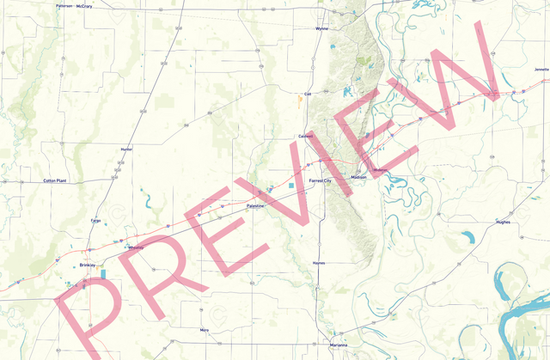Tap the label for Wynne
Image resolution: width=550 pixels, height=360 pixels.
tap(321, 28)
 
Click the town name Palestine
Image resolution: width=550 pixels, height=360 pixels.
tap(256, 207)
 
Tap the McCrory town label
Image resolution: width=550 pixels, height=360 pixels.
tap(84, 6)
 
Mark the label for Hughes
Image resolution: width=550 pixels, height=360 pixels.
tap(503, 222)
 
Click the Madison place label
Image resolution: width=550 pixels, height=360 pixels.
tap(358, 177)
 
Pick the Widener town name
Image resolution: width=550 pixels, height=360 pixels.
tap(382, 170)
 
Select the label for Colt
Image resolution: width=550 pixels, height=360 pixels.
tap(307, 95)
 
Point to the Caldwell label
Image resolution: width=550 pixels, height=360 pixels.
tap(305, 136)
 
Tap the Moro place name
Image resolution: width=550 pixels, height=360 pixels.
tap(204, 330)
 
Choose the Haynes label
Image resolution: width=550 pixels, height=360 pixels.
tap(319, 263)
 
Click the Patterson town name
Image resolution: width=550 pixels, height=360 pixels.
tap(64, 5)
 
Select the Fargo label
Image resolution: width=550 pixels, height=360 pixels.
tap(96, 221)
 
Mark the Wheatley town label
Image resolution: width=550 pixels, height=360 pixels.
tap(136, 248)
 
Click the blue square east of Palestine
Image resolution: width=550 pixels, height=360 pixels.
tap(292, 186)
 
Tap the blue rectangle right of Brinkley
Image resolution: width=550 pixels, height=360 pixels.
tap(104, 274)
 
